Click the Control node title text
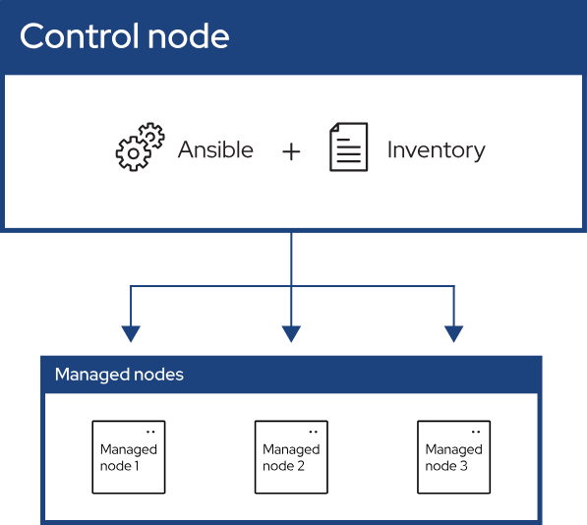click(x=124, y=36)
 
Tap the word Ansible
click(x=215, y=149)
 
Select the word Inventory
click(x=437, y=150)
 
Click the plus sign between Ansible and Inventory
click(x=291, y=152)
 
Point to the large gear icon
click(x=134, y=153)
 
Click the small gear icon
click(x=151, y=135)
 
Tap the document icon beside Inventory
click(x=348, y=146)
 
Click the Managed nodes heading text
click(x=119, y=375)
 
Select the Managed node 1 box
click(x=129, y=457)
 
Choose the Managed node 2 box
click(x=291, y=457)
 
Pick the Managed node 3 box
click(x=453, y=457)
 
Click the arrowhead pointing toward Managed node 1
click(x=131, y=334)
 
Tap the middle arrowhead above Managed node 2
click(x=291, y=334)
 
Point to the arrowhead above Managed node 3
click(x=453, y=334)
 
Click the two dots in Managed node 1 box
click(x=150, y=432)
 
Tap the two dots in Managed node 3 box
click(x=476, y=432)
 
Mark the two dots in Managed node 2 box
click(x=314, y=432)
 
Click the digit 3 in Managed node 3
click(x=464, y=466)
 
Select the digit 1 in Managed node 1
click(x=137, y=466)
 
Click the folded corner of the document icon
click(x=334, y=127)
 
